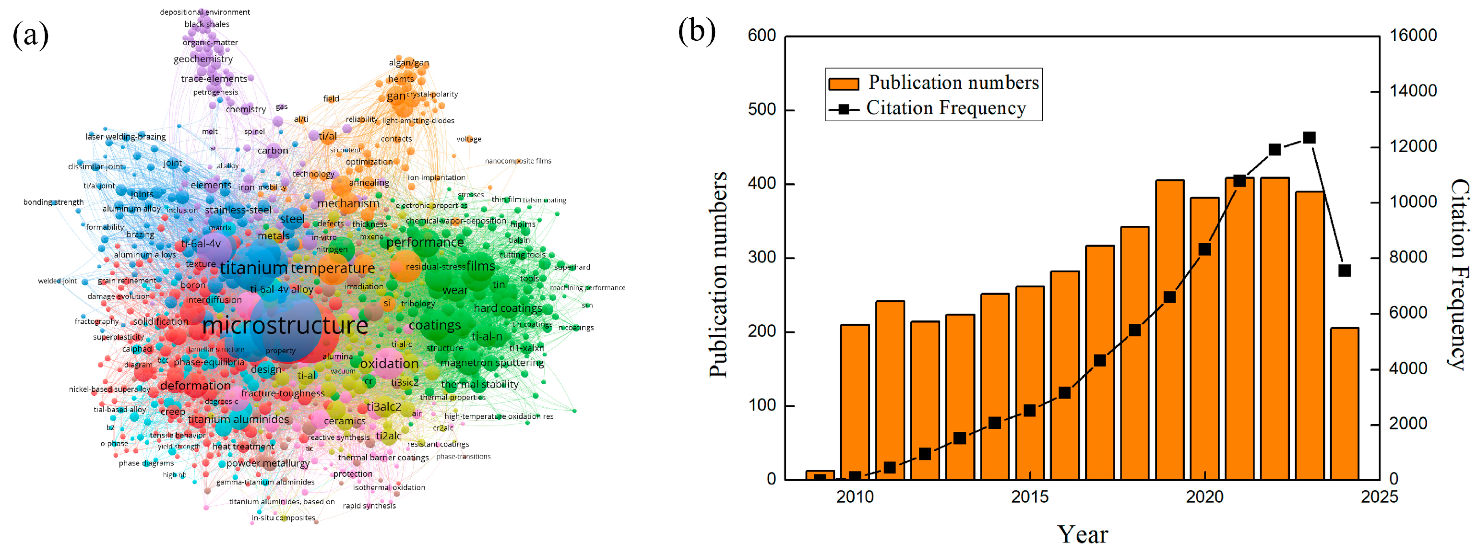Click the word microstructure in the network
pos(285,326)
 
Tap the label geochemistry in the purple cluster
pos(203,59)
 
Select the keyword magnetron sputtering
pos(492,363)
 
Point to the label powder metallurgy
pos(268,463)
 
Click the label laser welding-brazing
pos(126,136)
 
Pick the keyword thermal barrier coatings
pos(383,458)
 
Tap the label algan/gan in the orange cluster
pos(408,62)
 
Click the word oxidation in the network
pos(389,364)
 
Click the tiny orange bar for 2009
pos(820,475)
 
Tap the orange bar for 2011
pos(889,390)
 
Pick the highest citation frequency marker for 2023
pos(1309,138)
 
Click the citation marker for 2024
pos(1344,271)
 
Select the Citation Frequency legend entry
pos(929,108)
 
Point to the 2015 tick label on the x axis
pos(1029,496)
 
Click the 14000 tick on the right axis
pos(1413,91)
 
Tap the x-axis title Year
pos(1082,534)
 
